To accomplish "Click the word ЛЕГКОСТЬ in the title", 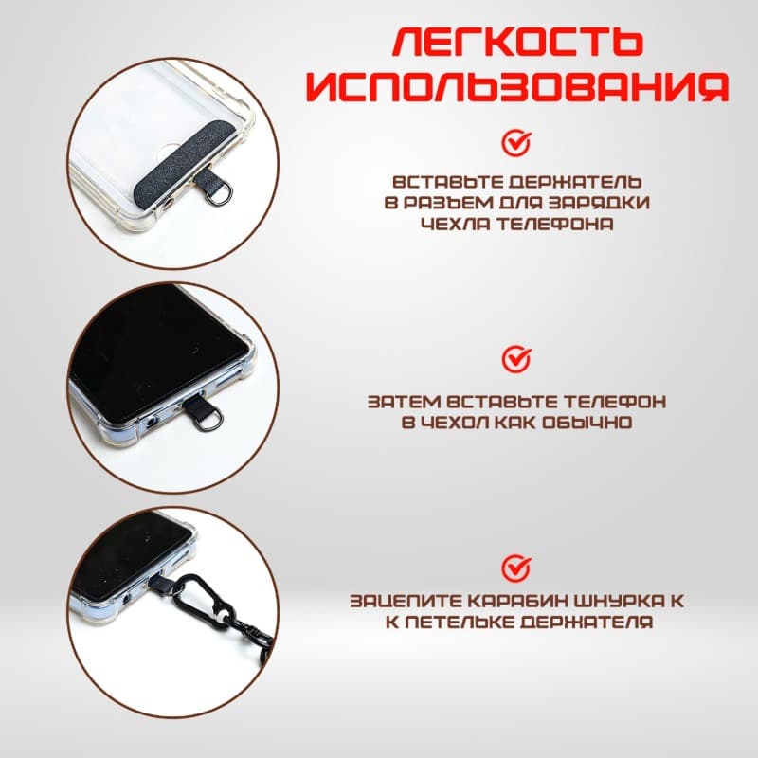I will pos(517,42).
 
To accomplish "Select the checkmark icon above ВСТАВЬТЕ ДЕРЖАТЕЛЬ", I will pos(516,143).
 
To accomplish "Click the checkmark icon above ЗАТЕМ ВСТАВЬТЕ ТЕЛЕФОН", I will pos(516,359).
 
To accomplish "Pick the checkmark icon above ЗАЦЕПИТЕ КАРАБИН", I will pos(516,568).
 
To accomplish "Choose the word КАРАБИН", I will pos(511,603).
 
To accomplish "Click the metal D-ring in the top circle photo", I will pos(218,196).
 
